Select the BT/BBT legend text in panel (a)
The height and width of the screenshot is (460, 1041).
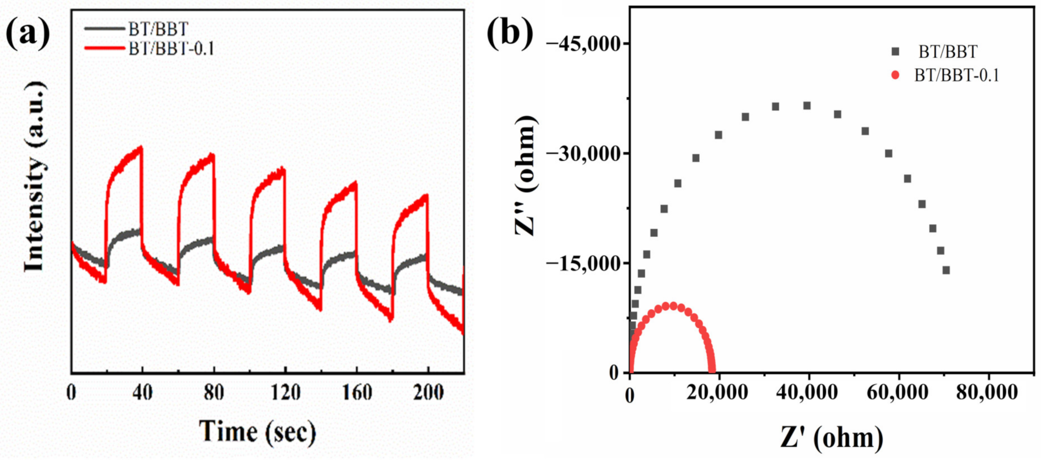(x=158, y=29)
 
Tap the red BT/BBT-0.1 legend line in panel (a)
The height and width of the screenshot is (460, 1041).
(x=104, y=48)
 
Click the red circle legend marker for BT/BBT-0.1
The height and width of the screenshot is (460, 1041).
(x=895, y=75)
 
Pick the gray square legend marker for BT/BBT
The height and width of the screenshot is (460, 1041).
(x=895, y=52)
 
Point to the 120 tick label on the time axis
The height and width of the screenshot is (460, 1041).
(x=285, y=392)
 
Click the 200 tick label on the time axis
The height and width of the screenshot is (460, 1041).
(x=428, y=392)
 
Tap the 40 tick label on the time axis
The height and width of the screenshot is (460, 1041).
(x=142, y=392)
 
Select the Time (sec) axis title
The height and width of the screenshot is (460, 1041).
(x=257, y=432)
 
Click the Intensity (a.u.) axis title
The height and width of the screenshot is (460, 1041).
(x=35, y=176)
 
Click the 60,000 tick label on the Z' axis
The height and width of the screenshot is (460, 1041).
(x=897, y=393)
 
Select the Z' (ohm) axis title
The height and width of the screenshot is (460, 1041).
(x=832, y=438)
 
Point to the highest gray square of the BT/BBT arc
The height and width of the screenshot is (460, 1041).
(x=807, y=106)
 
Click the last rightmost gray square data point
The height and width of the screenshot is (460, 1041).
(x=946, y=270)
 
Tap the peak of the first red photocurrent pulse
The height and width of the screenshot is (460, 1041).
(x=141, y=148)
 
